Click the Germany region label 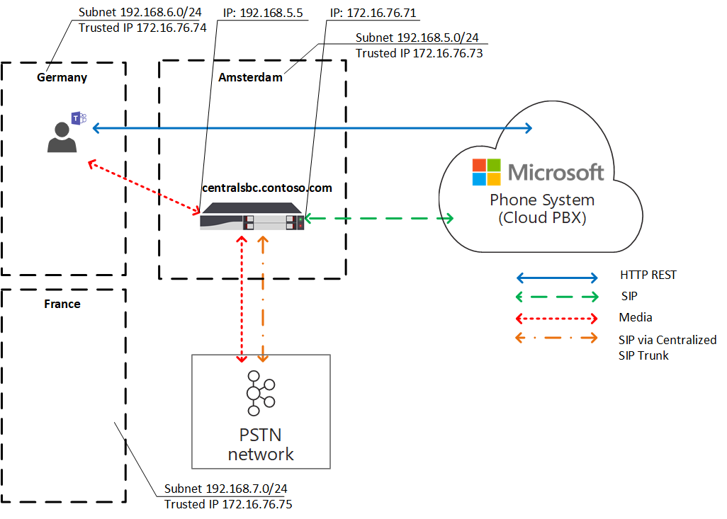pos(62,77)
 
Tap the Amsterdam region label pos(250,77)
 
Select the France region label pos(62,304)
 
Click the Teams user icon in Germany pos(65,132)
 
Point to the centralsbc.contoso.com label pos(266,188)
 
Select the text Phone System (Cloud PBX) pos(542,209)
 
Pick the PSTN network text pos(261,443)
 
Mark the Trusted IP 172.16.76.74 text pos(142,28)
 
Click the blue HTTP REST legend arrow pos(557,275)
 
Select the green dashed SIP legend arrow pos(557,297)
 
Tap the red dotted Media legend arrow pos(557,317)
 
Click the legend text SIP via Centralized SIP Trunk pos(667,348)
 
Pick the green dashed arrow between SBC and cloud pos(379,219)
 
